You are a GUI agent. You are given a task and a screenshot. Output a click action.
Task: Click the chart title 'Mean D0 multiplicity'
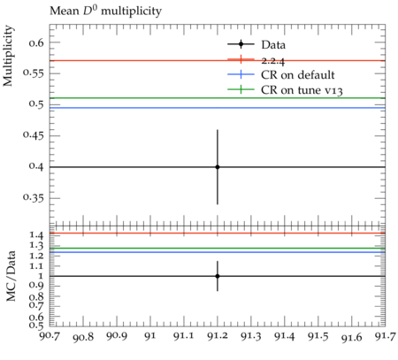105,11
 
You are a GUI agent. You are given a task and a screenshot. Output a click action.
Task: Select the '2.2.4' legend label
273,61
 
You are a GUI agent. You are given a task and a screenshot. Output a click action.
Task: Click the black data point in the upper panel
218,167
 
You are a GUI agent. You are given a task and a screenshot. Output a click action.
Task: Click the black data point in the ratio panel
218,276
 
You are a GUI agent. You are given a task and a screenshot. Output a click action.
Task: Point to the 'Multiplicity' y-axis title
8,56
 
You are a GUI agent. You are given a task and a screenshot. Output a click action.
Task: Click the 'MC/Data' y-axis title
11,276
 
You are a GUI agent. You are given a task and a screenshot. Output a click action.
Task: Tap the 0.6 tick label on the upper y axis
36,43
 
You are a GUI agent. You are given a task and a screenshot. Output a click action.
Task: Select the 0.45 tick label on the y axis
34,135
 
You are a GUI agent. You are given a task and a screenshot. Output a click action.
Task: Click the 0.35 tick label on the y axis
34,197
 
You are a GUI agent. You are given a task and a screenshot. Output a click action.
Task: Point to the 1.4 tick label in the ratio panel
36,235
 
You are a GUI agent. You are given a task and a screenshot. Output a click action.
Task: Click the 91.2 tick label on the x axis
218,336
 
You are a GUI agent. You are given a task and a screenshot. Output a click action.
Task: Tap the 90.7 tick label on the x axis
50,336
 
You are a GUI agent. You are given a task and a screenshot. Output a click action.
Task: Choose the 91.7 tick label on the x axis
385,336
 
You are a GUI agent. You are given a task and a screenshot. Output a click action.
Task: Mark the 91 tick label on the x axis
150,336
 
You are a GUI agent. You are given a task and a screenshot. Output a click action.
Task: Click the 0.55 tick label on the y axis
34,73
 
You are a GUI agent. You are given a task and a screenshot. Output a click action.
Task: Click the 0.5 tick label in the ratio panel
36,326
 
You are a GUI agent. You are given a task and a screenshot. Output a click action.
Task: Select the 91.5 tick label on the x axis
318,336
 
